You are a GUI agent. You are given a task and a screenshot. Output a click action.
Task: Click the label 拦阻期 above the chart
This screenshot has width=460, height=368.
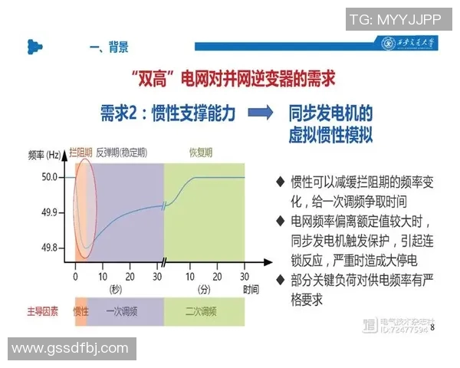point(81,152)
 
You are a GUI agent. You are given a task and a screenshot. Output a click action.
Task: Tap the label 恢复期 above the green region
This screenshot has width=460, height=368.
point(202,152)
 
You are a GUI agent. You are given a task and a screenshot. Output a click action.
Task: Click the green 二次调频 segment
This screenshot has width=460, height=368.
point(202,311)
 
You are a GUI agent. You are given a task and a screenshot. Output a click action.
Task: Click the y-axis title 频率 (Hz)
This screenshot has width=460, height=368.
point(42,155)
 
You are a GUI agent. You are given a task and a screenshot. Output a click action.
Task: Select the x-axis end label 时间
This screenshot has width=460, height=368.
point(251,289)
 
